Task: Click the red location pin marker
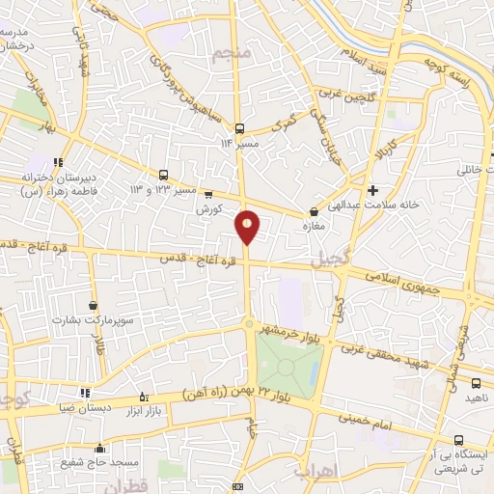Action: (x=248, y=226)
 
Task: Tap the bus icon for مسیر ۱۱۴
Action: (x=239, y=128)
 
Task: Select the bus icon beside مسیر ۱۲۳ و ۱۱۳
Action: (x=163, y=175)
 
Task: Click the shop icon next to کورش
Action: (x=207, y=193)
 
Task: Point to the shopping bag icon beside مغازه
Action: (x=313, y=213)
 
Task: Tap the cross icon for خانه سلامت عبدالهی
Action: (x=372, y=189)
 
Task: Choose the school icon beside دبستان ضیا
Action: (x=85, y=393)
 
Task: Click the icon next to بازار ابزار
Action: (x=144, y=397)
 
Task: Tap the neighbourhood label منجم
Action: (x=234, y=53)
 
